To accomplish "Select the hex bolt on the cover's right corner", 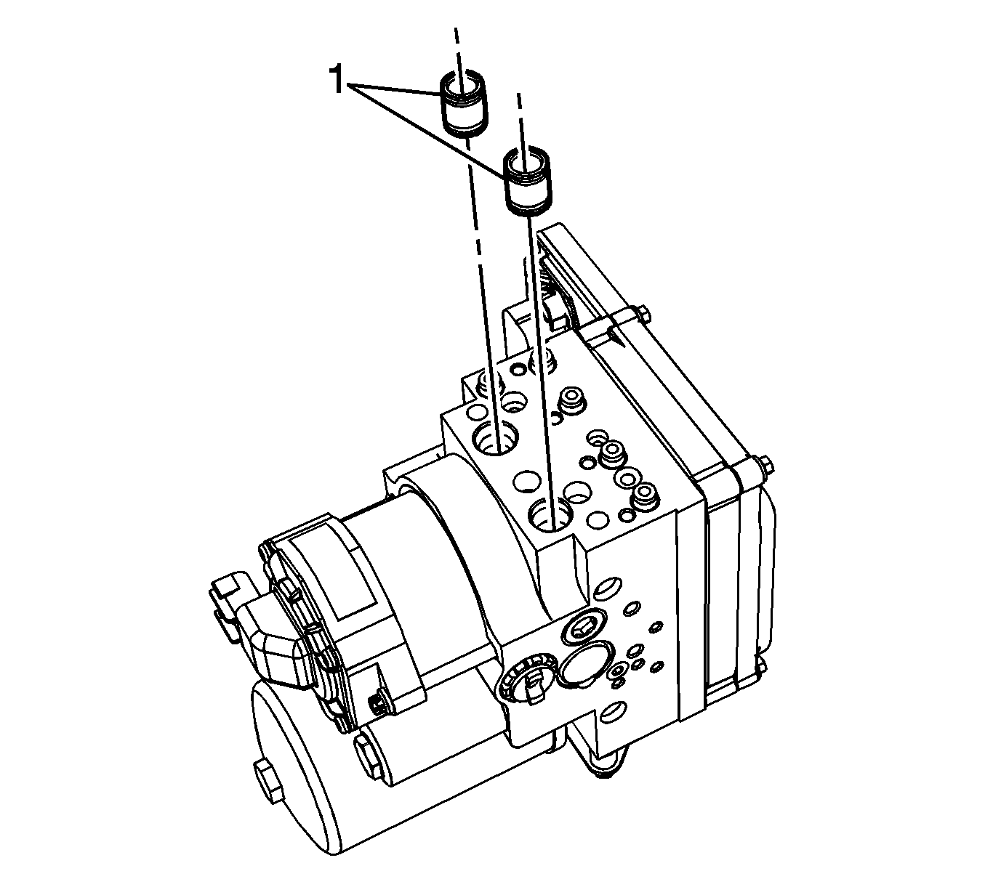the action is coord(765,466).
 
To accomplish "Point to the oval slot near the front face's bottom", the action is coord(612,710).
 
